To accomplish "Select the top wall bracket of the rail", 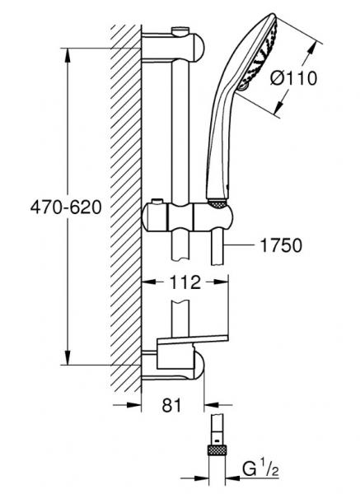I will [x=174, y=48].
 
